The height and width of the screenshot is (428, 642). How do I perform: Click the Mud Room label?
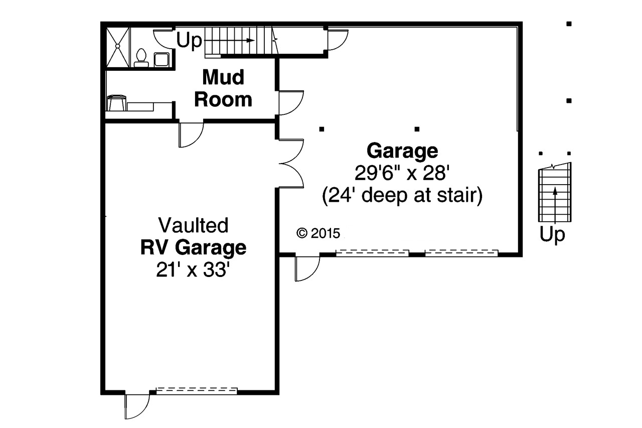point(223,88)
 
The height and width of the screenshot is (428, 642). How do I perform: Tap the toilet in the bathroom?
point(141,58)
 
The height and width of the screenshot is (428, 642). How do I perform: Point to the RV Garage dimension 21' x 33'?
point(193,270)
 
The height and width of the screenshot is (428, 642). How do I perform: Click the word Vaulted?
point(193,225)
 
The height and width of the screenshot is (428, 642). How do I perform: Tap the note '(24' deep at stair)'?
point(402,195)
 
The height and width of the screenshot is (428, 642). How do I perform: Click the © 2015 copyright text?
point(318,233)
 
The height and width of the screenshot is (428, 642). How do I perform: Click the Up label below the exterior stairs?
point(553,234)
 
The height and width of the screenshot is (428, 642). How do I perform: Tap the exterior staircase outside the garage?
point(555,194)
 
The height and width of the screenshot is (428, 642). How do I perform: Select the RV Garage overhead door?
point(196,390)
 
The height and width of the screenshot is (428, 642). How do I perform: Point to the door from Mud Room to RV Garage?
point(191,133)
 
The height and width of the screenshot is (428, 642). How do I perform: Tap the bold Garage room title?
point(402,151)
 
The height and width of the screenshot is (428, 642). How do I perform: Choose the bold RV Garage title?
point(193,248)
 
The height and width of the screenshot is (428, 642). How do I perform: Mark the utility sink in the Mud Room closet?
point(117,103)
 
